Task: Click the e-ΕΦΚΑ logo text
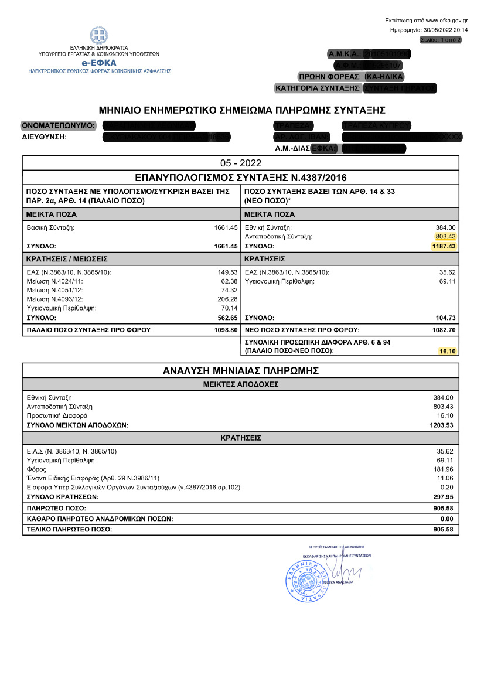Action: click(x=98, y=62)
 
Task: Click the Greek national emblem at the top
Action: click(x=98, y=35)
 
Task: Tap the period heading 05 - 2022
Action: click(x=241, y=163)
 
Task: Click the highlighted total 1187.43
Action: click(x=443, y=246)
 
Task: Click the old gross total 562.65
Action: click(x=227, y=318)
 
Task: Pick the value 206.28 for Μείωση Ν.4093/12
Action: click(x=227, y=299)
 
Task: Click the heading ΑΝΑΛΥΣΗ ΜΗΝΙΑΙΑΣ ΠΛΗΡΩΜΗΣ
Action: click(x=241, y=370)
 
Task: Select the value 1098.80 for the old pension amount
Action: click(x=225, y=330)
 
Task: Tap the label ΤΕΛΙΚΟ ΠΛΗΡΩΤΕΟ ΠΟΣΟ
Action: click(x=70, y=530)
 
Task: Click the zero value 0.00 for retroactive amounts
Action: click(x=448, y=519)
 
